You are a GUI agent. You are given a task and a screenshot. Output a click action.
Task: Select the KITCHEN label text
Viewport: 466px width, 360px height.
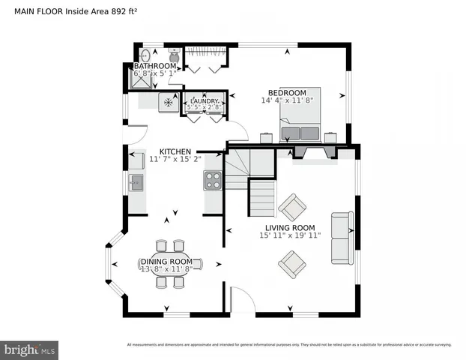(x=175, y=151)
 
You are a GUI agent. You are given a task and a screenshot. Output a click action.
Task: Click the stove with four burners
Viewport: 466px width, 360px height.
(x=213, y=180)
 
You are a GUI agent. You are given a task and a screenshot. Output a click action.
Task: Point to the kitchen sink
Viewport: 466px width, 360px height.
(x=136, y=182)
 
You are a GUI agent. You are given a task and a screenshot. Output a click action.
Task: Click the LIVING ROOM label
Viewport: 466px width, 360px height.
(x=290, y=227)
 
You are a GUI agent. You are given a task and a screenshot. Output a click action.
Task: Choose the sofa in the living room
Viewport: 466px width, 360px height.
(x=342, y=238)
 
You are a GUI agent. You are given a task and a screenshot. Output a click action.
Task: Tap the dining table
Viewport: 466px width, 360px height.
(x=169, y=263)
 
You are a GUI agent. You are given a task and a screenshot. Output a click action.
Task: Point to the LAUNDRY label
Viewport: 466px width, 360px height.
(x=205, y=100)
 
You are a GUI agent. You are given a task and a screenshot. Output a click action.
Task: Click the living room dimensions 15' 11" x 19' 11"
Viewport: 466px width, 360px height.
(x=290, y=235)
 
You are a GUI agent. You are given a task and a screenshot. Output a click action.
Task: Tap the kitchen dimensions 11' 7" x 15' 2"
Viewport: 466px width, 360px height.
(x=175, y=159)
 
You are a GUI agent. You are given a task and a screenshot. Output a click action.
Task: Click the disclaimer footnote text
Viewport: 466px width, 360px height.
(x=289, y=345)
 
